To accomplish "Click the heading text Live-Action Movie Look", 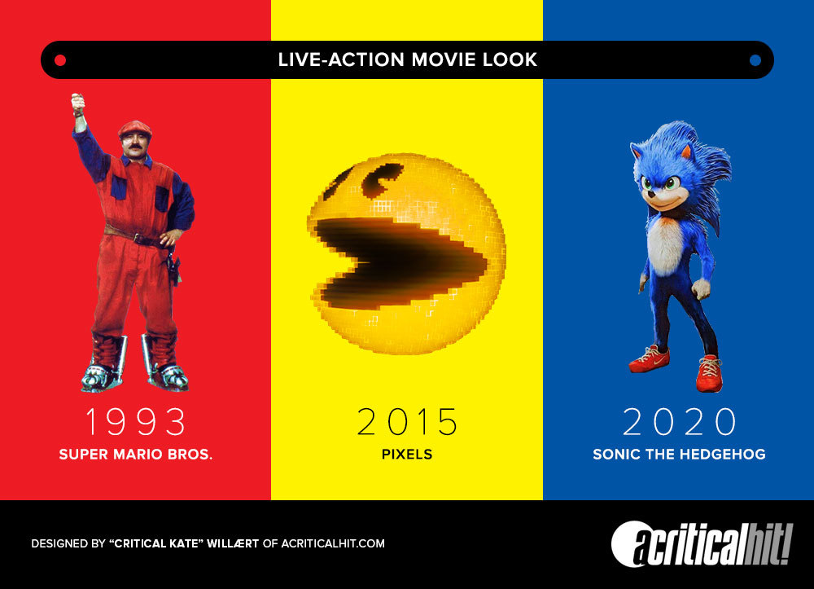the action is [408, 59].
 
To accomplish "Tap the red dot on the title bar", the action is [60, 60].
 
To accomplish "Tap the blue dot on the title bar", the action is [755, 60].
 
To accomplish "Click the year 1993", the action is [135, 421].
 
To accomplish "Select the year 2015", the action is [408, 421].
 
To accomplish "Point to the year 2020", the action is [679, 421].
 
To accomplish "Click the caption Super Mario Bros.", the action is [135, 455].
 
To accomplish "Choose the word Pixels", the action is [407, 455].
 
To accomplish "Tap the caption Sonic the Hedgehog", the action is [679, 455].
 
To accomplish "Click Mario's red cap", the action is [135, 128].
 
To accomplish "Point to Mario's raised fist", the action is [78, 103].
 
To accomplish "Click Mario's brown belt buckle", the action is [138, 239].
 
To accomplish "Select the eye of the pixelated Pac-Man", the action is [383, 180].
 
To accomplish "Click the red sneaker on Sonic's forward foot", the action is [709, 373].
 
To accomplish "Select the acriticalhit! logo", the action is [702, 544].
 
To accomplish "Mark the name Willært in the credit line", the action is [233, 544].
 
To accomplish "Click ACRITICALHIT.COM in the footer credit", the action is [333, 544].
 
